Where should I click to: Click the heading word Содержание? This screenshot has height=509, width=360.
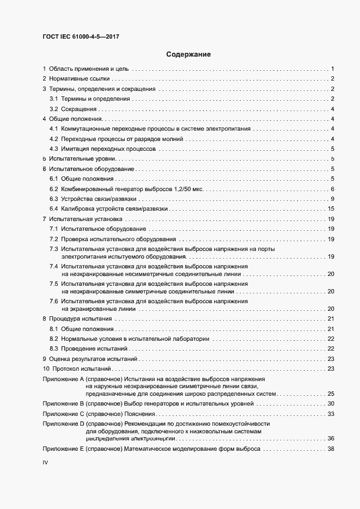click(188, 54)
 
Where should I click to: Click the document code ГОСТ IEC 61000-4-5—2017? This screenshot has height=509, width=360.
click(81, 36)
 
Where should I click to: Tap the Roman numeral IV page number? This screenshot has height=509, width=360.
click(46, 462)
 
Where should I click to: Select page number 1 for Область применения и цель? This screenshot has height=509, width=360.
click(332, 69)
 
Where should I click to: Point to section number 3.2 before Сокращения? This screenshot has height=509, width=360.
click(54, 109)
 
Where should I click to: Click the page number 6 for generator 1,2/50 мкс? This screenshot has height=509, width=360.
click(332, 189)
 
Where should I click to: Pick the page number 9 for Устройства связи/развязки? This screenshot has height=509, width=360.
click(332, 199)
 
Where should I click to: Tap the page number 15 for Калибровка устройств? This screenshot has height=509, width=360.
click(331, 208)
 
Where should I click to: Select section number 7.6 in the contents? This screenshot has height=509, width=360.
click(54, 301)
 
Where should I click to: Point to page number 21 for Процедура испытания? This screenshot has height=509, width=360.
click(331, 318)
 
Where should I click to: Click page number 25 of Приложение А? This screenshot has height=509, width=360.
click(331, 394)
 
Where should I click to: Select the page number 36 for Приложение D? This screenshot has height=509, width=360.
click(331, 438)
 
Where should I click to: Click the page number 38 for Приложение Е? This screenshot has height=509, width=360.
click(331, 449)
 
